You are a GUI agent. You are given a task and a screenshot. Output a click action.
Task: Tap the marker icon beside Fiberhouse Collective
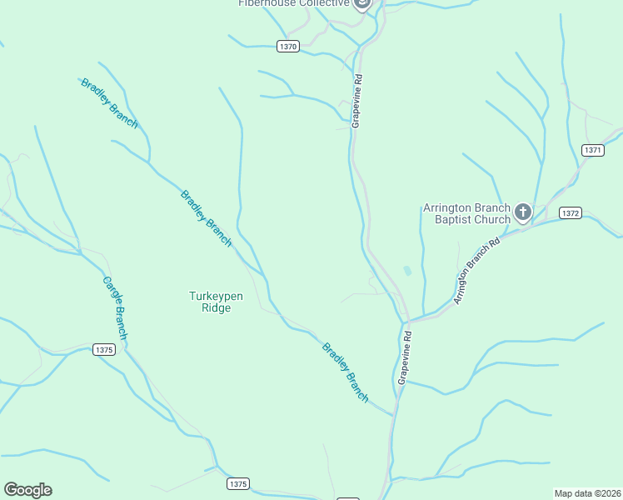point(361,3)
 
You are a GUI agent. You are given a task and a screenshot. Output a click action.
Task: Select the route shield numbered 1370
point(288,47)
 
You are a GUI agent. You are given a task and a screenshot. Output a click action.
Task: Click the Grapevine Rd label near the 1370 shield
point(356,101)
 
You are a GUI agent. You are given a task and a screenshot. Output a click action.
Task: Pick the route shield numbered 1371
point(592,150)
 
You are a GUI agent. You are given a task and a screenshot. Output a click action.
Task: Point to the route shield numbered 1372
point(570,213)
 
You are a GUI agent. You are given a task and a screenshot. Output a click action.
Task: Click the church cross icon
point(523,212)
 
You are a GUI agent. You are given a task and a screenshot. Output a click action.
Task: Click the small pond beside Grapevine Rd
point(407,271)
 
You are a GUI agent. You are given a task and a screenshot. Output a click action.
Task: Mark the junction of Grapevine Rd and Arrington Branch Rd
point(407,319)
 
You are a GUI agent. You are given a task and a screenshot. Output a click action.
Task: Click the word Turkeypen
point(216,296)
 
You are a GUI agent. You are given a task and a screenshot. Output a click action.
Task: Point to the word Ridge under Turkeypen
point(216,307)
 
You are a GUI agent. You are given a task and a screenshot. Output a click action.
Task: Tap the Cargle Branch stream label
point(115,307)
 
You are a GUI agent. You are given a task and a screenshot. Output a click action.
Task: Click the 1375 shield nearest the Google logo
point(237,483)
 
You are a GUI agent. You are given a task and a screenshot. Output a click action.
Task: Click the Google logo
point(27,490)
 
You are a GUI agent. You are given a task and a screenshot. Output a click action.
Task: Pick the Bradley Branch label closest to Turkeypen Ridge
point(206,218)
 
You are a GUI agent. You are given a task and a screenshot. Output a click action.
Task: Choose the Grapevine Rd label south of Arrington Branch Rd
point(404,357)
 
